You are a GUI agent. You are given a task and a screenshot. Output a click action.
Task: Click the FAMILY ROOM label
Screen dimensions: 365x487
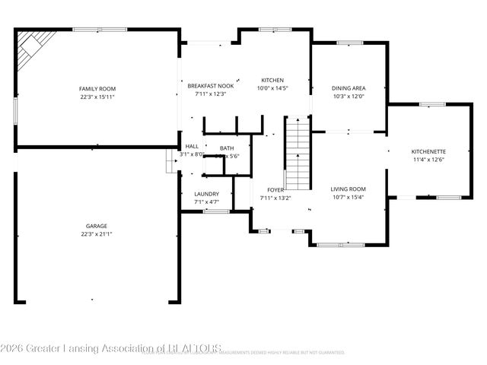coord(96,89)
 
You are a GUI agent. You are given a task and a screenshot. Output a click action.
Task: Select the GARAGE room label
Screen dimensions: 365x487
coord(96,226)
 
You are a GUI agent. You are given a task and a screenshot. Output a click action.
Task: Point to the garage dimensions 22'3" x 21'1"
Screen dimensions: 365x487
coord(96,234)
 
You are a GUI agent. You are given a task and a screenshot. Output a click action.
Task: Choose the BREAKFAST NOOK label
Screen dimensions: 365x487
coord(211,86)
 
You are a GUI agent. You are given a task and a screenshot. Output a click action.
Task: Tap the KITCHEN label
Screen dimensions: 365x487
coord(272,80)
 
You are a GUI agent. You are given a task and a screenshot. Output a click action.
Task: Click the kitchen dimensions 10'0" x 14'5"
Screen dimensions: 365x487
coord(272,89)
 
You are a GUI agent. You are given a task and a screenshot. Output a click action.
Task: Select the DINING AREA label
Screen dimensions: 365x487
coord(348,88)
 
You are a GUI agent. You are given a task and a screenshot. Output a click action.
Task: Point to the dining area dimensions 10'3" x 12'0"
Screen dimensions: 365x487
coord(348,97)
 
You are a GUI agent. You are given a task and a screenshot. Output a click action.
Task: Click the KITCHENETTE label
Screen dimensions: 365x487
coord(428,151)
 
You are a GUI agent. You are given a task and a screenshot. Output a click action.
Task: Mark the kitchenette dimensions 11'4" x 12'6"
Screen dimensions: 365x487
coord(428,160)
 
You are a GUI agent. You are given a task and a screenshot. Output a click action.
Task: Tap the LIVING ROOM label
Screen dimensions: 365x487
coord(348,189)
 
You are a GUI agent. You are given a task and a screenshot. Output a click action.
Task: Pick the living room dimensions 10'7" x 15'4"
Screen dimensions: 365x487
coord(348,197)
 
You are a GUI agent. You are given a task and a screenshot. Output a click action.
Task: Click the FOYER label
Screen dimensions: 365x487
coord(275,189)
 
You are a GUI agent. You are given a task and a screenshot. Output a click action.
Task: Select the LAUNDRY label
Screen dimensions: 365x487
coord(207,194)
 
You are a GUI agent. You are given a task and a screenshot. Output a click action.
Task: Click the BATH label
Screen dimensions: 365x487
coord(227,148)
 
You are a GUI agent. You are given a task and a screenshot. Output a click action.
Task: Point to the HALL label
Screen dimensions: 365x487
coord(192,146)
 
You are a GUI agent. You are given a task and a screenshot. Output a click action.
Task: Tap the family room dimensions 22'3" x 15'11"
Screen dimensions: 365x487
coord(96,97)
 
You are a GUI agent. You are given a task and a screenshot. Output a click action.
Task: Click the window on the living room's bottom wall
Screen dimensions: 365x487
coord(340,244)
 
